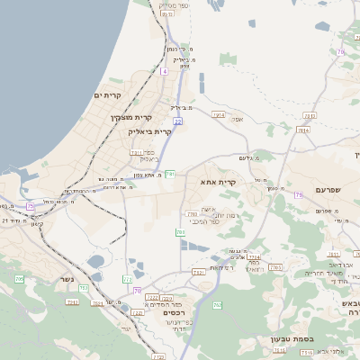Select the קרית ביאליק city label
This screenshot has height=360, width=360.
point(148,131)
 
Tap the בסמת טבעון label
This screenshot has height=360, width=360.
point(291,339)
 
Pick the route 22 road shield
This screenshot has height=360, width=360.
point(178,121)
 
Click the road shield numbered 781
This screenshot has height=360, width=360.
point(168,173)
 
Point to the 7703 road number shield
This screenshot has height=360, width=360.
point(192,214)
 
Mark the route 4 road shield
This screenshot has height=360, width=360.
point(165,70)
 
